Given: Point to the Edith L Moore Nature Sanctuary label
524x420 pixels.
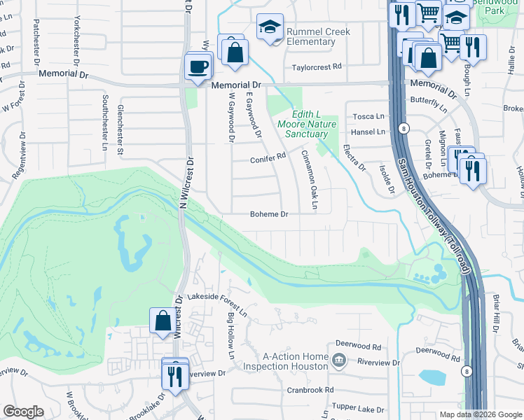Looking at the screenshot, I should pos(307,124).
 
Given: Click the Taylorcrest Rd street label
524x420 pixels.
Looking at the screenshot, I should pos(316,66).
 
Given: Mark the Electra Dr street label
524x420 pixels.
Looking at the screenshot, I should pos(354,157).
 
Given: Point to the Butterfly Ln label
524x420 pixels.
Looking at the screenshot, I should pos(429,104).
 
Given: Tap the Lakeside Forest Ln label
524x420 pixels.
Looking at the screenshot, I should pos(216,301).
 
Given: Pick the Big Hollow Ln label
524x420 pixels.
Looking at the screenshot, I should pos(230,336).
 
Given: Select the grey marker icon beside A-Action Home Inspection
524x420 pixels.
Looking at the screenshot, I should pos(340,361).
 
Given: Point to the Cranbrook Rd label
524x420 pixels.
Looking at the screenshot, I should pos(308,390).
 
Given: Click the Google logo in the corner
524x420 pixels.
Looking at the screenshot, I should pos(24,412).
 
